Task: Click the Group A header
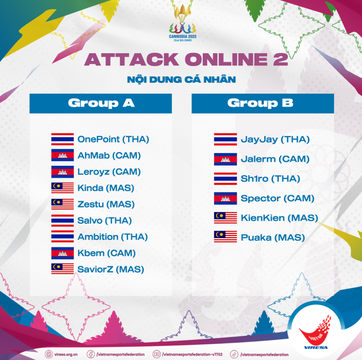pos(100,104)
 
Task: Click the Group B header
pos(263,104)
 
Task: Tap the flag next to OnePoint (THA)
pos(63,139)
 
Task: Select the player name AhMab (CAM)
pos(109,155)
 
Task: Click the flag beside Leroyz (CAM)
pos(63,172)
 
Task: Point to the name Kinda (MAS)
pos(106,188)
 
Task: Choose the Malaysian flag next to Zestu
pos(63,204)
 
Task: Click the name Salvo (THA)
pos(105,221)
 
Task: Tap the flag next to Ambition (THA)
pos(63,237)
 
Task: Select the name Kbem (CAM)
pos(106,253)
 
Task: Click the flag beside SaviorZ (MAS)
pos(63,269)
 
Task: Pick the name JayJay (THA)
pos(275,139)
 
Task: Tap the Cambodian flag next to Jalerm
pos(225,159)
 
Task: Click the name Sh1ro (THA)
pos(271,179)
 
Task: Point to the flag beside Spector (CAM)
pos(225,198)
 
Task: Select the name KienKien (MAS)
pos(280,218)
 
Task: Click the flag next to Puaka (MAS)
pos(225,237)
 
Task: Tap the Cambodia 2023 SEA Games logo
pos(183,23)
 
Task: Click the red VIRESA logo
pos(316,332)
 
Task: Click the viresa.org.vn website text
pos(66,355)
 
